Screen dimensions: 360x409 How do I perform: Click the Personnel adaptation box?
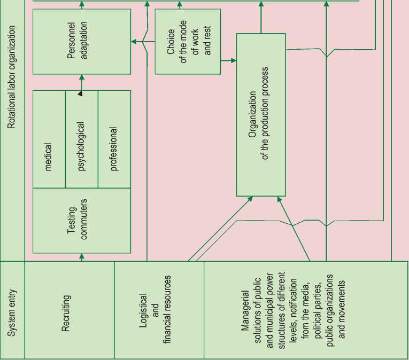tap(81, 41)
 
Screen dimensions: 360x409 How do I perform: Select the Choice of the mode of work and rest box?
tap(187, 41)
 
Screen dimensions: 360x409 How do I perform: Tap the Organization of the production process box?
tap(261, 115)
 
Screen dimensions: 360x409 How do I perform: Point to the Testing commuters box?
tap(81, 220)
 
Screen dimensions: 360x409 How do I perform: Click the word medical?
tap(49, 156)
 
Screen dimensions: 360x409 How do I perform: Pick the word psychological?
tap(81, 147)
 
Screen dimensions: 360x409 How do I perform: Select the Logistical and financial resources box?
tap(159, 310)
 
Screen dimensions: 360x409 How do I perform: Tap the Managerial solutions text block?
tap(293, 310)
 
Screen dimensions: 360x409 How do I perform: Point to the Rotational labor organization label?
tap(12, 77)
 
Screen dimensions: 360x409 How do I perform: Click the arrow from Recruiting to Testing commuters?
tap(82, 257)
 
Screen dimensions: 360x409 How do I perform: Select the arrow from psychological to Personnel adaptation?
tap(82, 82)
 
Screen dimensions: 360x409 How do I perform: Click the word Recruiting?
tap(66, 310)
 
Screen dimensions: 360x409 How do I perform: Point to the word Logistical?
tap(143, 310)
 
